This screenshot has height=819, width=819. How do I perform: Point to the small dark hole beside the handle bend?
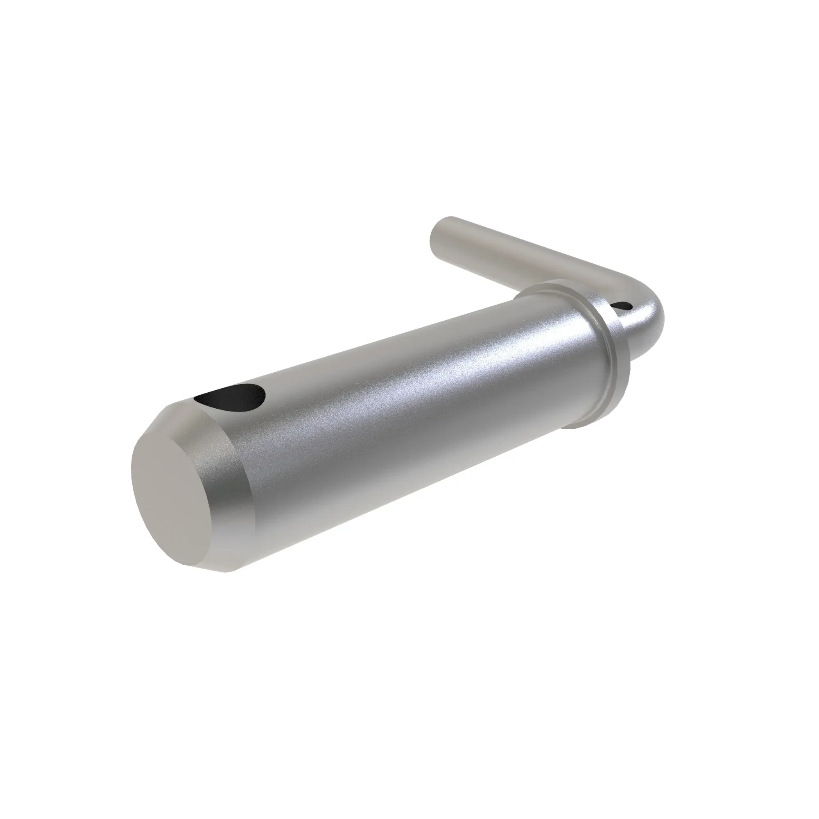(x=622, y=305)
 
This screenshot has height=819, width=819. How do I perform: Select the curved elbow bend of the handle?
(x=649, y=314)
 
